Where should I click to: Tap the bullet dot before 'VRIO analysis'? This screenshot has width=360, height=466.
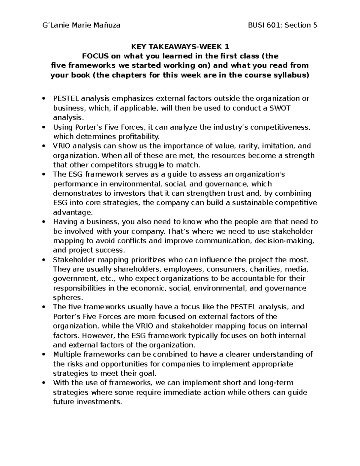tap(44, 146)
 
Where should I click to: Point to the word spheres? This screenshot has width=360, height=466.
tap(67, 298)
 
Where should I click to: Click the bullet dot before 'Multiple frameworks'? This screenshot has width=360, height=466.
tap(44, 354)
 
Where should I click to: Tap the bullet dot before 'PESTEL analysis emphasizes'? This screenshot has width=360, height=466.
tap(44, 99)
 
